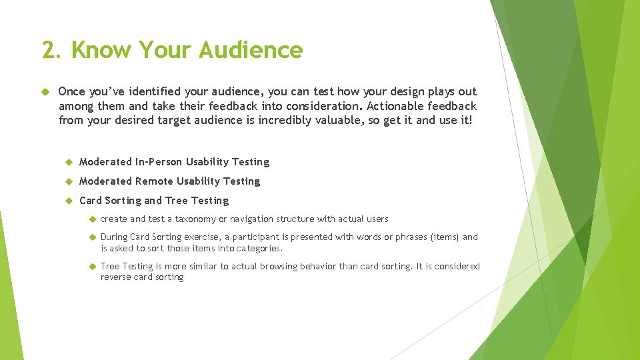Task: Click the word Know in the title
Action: coord(103,50)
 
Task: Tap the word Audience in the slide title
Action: coord(251,50)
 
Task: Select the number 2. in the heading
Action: coord(53,50)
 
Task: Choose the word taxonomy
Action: coord(195,219)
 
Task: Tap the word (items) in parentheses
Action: coord(445,237)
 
